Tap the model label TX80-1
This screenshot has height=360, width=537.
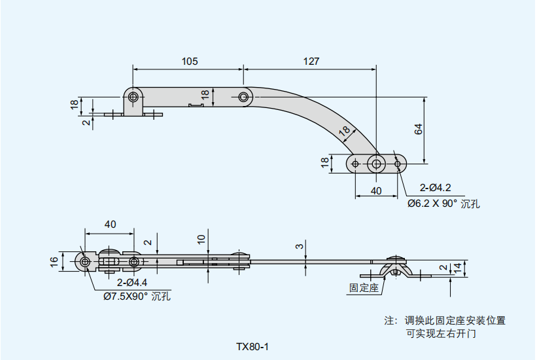pyautogui.click(x=252, y=346)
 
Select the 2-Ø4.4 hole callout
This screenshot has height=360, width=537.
pyautogui.click(x=132, y=283)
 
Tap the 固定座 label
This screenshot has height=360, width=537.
pyautogui.click(x=364, y=287)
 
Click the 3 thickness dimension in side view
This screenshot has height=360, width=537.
pyautogui.click(x=299, y=246)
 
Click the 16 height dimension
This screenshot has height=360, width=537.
pyautogui.click(x=54, y=262)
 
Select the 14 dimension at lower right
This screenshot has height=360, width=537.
pyautogui.click(x=458, y=267)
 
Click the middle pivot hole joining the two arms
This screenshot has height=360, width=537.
pyautogui.click(x=244, y=98)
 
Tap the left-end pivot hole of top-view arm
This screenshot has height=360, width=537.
pyautogui.click(x=133, y=98)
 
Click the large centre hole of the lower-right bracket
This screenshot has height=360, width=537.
pyautogui.click(x=375, y=163)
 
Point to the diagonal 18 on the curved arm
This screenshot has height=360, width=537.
pyautogui.click(x=344, y=131)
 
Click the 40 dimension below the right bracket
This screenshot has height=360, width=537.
pyautogui.click(x=375, y=190)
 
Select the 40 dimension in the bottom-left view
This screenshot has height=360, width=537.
pyautogui.click(x=110, y=224)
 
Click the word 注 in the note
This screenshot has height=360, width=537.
pyautogui.click(x=390, y=321)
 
